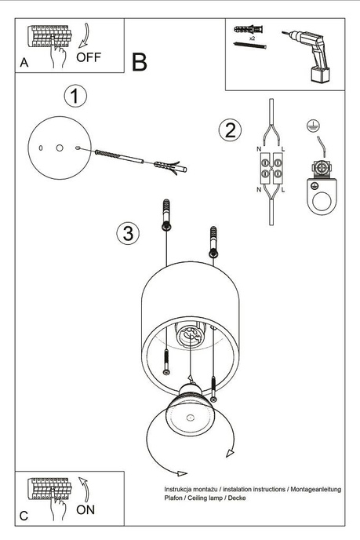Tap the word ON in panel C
pyautogui.click(x=87, y=509)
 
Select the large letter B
pyautogui.click(x=140, y=63)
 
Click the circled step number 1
pyautogui.click(x=75, y=97)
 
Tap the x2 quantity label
pyautogui.click(x=252, y=38)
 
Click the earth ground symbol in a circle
pyautogui.click(x=312, y=126)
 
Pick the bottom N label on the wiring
pyautogui.click(x=259, y=190)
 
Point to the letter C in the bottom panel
pyautogui.click(x=24, y=516)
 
